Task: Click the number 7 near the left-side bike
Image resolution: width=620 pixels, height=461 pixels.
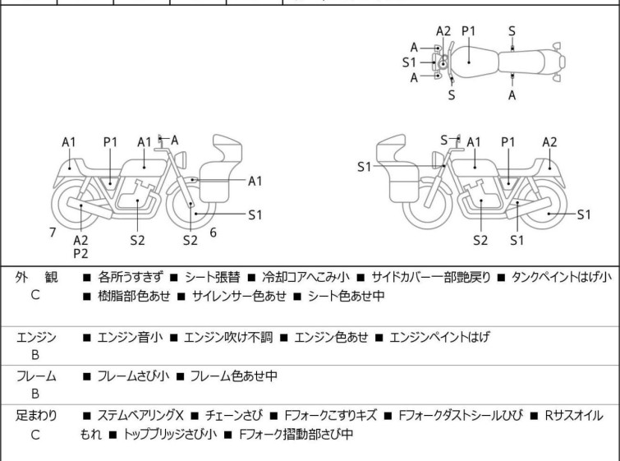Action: [x=53, y=233]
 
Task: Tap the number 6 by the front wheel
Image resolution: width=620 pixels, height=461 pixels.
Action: [x=213, y=233]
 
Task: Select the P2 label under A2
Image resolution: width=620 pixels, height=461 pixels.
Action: [x=80, y=254]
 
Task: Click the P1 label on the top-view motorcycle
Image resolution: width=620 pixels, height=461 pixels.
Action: [x=469, y=31]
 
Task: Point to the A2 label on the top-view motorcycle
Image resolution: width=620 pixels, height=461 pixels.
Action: [x=443, y=31]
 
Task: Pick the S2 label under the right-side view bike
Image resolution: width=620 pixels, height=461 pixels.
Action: [x=480, y=241]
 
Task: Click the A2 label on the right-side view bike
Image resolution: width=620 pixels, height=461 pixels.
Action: [x=549, y=142]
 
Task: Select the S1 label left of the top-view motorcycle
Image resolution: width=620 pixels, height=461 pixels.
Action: [x=410, y=62]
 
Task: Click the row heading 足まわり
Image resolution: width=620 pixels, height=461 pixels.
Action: [x=35, y=416]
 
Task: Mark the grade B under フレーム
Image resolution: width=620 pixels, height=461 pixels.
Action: [x=35, y=394]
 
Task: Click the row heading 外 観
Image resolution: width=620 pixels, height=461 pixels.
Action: [x=35, y=278]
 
